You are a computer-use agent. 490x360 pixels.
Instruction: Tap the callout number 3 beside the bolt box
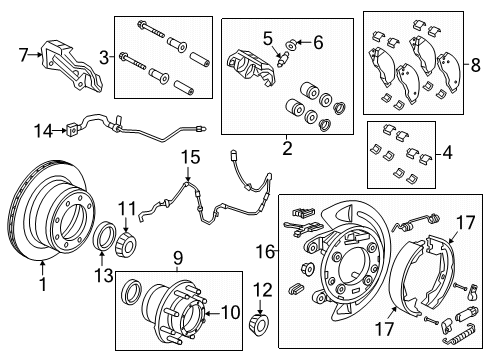point(104,57)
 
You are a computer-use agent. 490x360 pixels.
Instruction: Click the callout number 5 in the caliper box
point(267,38)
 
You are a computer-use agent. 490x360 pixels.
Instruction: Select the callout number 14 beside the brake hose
point(41,130)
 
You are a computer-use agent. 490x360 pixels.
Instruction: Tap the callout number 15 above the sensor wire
point(184,156)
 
